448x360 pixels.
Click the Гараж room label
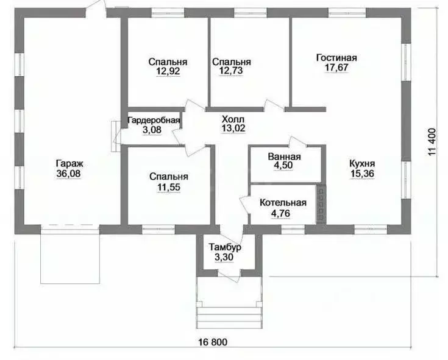click(69, 164)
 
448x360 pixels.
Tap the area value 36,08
click(68, 174)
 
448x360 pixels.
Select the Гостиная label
click(336, 58)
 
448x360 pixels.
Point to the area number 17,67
click(336, 68)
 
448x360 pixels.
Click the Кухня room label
click(362, 164)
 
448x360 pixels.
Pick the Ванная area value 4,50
click(284, 166)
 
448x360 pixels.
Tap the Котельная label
click(283, 203)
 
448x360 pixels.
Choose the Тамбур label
click(225, 247)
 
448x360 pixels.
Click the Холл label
click(233, 119)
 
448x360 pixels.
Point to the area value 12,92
click(168, 71)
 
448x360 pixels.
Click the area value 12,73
click(231, 71)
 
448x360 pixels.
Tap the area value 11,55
click(169, 187)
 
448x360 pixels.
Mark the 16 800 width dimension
click(213, 342)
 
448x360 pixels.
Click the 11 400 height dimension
click(432, 141)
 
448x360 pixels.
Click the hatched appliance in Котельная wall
click(321, 205)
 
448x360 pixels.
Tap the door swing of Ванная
click(299, 141)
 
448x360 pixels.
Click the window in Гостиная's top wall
click(347, 12)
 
